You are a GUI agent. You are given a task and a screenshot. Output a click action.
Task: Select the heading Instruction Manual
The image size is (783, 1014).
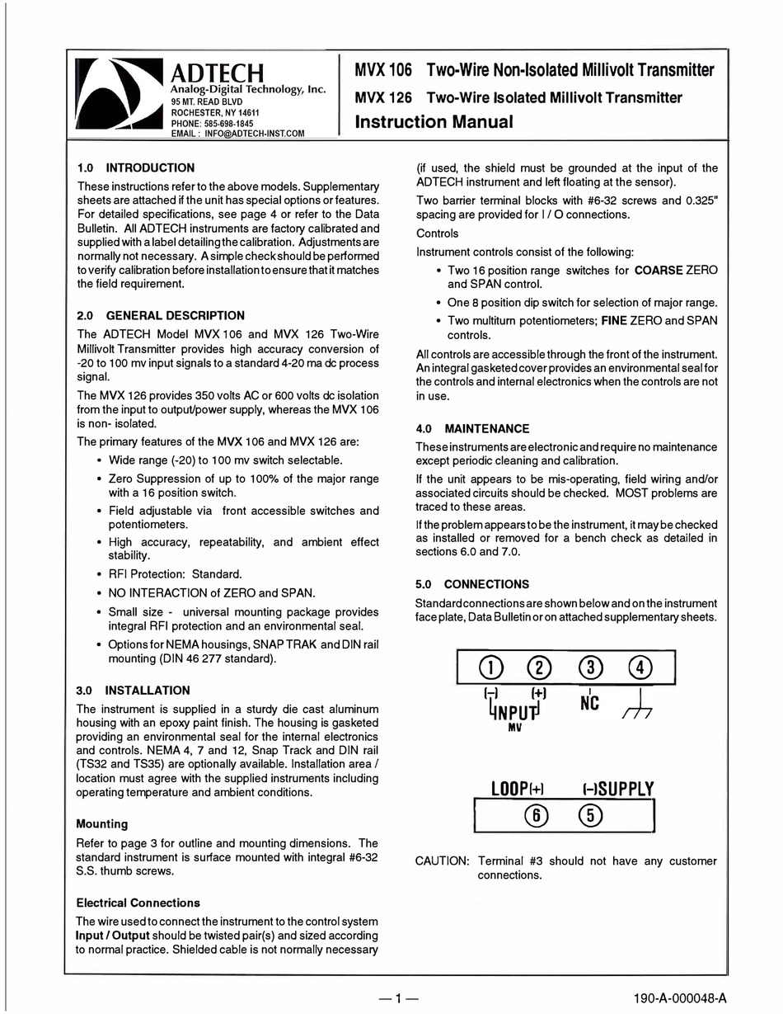[x=434, y=122]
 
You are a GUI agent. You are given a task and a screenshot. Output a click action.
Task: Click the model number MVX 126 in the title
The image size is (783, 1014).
[x=383, y=97]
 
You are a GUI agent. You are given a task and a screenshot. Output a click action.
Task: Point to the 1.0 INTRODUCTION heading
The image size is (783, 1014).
[x=136, y=167]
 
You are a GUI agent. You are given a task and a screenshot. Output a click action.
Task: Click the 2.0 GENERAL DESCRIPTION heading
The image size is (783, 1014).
[x=161, y=315]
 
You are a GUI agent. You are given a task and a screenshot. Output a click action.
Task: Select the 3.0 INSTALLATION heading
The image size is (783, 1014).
[x=134, y=690]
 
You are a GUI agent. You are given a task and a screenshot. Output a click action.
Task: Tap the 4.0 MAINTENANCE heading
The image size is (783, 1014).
[x=472, y=428]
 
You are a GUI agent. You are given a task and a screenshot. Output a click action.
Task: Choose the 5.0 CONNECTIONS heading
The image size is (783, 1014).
[x=472, y=583]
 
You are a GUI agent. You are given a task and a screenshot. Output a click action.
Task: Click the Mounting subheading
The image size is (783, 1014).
[x=102, y=823]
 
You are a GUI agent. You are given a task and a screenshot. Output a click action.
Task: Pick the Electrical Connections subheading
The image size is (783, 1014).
[x=138, y=903]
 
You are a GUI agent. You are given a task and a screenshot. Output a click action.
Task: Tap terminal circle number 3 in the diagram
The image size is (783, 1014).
[x=591, y=667]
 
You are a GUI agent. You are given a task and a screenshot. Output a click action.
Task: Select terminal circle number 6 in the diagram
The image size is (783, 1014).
[x=537, y=815]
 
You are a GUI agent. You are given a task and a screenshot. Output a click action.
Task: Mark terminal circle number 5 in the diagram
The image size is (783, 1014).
[x=591, y=815]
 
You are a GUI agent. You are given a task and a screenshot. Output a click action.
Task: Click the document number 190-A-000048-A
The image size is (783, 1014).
[x=681, y=999]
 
